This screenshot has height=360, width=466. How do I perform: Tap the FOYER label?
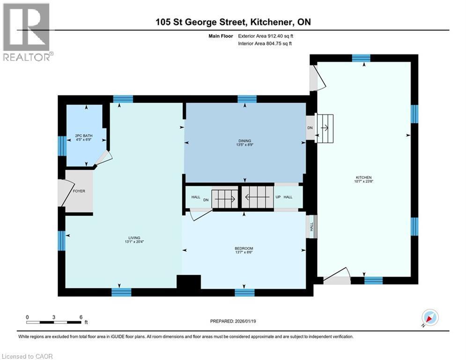[80, 191]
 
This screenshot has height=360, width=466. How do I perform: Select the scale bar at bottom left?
[54, 322]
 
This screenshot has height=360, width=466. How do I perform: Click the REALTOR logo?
[27, 32]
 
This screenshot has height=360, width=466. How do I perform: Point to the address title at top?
[233, 22]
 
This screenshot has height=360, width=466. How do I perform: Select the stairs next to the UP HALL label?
[257, 197]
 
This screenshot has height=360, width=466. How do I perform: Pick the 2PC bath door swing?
[103, 159]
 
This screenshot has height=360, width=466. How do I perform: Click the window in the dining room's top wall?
[247, 99]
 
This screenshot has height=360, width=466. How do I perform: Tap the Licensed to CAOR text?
[27, 356]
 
